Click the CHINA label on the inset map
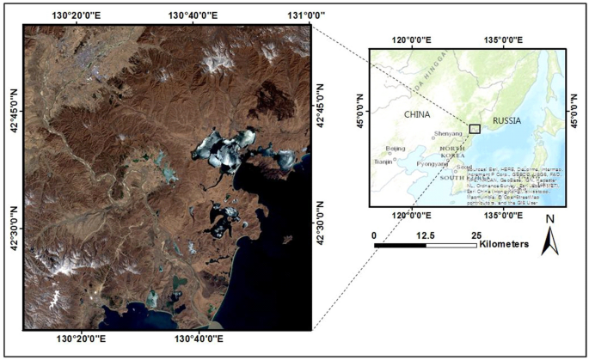(x=416, y=113)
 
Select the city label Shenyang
(x=447, y=133)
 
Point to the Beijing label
(x=396, y=149)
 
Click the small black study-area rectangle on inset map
(x=475, y=128)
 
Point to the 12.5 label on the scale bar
(x=426, y=235)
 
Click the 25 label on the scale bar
(x=476, y=235)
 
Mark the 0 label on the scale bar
(x=375, y=235)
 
